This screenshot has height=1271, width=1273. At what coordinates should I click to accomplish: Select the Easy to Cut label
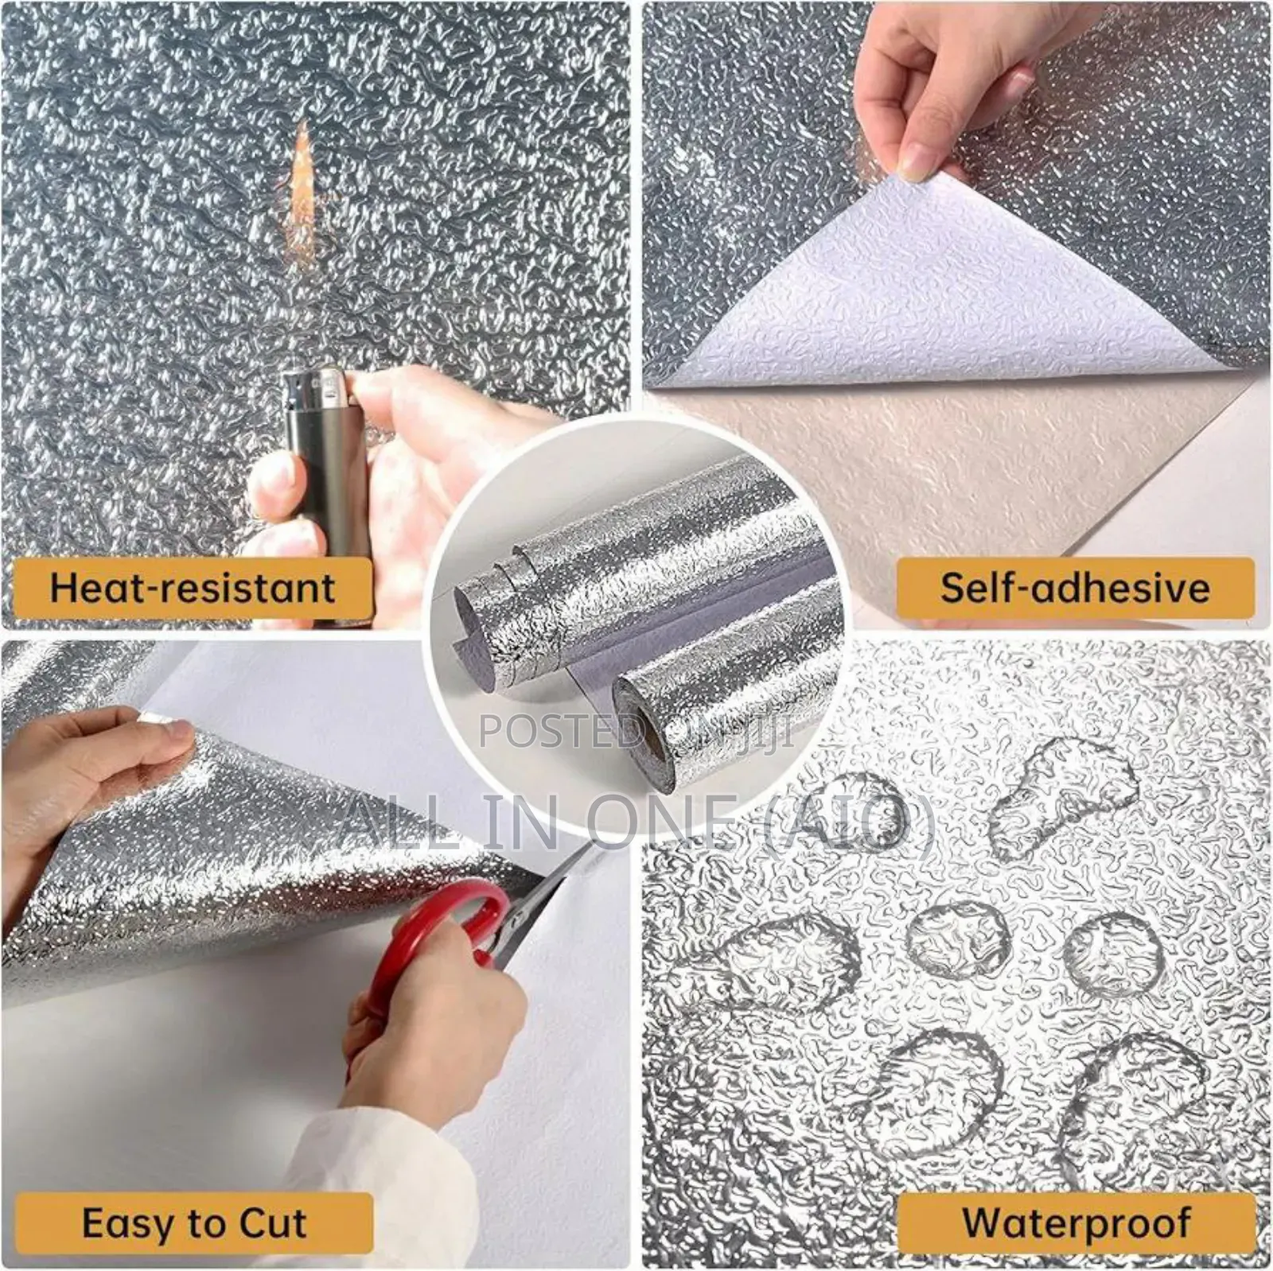[193, 1223]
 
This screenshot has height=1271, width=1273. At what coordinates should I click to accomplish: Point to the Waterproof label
[1076, 1223]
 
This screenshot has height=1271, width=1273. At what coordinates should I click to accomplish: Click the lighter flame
[303, 167]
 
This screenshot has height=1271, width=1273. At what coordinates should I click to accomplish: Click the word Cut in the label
[271, 1223]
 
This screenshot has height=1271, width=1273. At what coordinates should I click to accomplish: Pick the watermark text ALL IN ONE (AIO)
[636, 819]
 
